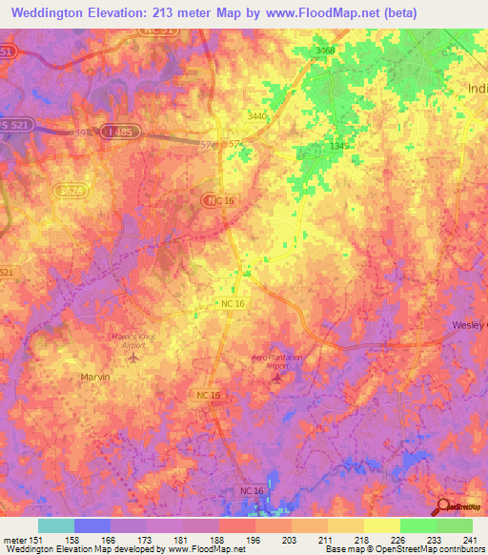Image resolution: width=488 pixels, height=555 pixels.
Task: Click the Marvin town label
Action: click(x=93, y=377)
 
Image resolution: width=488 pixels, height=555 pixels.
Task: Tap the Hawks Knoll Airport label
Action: click(x=132, y=341)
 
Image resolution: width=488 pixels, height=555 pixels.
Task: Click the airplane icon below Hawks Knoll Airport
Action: click(x=132, y=359)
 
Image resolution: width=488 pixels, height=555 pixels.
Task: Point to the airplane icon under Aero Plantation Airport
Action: click(x=277, y=379)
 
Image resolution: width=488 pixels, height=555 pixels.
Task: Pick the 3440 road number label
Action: click(x=257, y=115)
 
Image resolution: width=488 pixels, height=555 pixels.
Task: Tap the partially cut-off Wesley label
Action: click(x=469, y=325)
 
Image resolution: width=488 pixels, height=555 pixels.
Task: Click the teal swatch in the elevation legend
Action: click(x=55, y=525)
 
